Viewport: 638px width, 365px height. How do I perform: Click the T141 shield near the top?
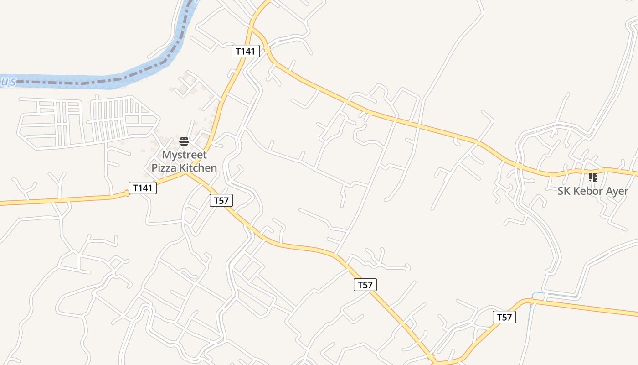pyautogui.click(x=246, y=51)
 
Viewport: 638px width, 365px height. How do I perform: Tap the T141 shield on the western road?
pyautogui.click(x=143, y=188)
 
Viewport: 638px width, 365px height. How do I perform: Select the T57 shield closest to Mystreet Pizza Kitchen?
pyautogui.click(x=221, y=200)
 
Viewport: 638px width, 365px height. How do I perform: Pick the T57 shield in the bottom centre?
pyautogui.click(x=365, y=285)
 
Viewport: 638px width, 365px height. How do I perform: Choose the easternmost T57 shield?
pyautogui.click(x=504, y=317)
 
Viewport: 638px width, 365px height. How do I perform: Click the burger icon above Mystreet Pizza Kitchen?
pyautogui.click(x=184, y=141)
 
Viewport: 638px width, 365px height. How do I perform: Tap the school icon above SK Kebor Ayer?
pyautogui.click(x=592, y=177)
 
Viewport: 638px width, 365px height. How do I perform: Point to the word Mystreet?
pyautogui.click(x=184, y=155)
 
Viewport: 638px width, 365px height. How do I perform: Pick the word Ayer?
pyautogui.click(x=617, y=191)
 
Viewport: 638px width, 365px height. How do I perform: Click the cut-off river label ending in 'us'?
pyautogui.click(x=8, y=81)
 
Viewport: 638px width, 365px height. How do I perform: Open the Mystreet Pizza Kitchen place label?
pyautogui.click(x=184, y=161)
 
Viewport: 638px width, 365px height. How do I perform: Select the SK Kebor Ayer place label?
pyautogui.click(x=592, y=191)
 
